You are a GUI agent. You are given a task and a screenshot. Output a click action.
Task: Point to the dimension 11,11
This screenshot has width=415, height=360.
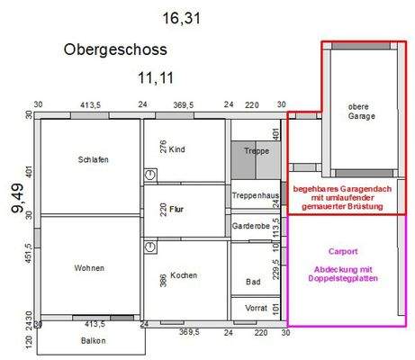(x=154, y=78)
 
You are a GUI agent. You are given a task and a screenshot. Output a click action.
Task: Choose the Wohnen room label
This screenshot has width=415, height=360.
(x=90, y=268)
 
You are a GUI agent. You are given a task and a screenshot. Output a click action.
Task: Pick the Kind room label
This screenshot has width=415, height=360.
(x=177, y=149)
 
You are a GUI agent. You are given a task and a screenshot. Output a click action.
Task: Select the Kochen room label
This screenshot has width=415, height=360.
(x=184, y=275)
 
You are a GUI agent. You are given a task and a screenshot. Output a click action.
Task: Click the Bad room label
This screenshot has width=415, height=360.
(x=254, y=282)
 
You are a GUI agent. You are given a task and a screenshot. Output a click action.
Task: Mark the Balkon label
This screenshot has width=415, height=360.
(x=92, y=341)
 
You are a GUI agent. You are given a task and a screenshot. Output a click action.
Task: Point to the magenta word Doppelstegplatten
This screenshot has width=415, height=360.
(x=346, y=279)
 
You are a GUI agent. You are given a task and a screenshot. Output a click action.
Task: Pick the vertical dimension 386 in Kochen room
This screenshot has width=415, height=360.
(x=163, y=281)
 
